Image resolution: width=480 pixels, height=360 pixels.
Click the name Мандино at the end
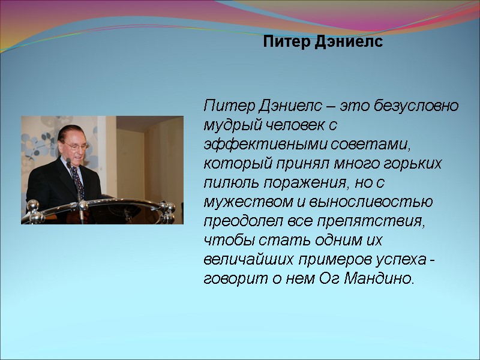point(378,279)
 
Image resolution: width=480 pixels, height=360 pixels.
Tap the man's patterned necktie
point(77,179)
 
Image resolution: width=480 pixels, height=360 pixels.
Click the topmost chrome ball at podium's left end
point(32,206)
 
